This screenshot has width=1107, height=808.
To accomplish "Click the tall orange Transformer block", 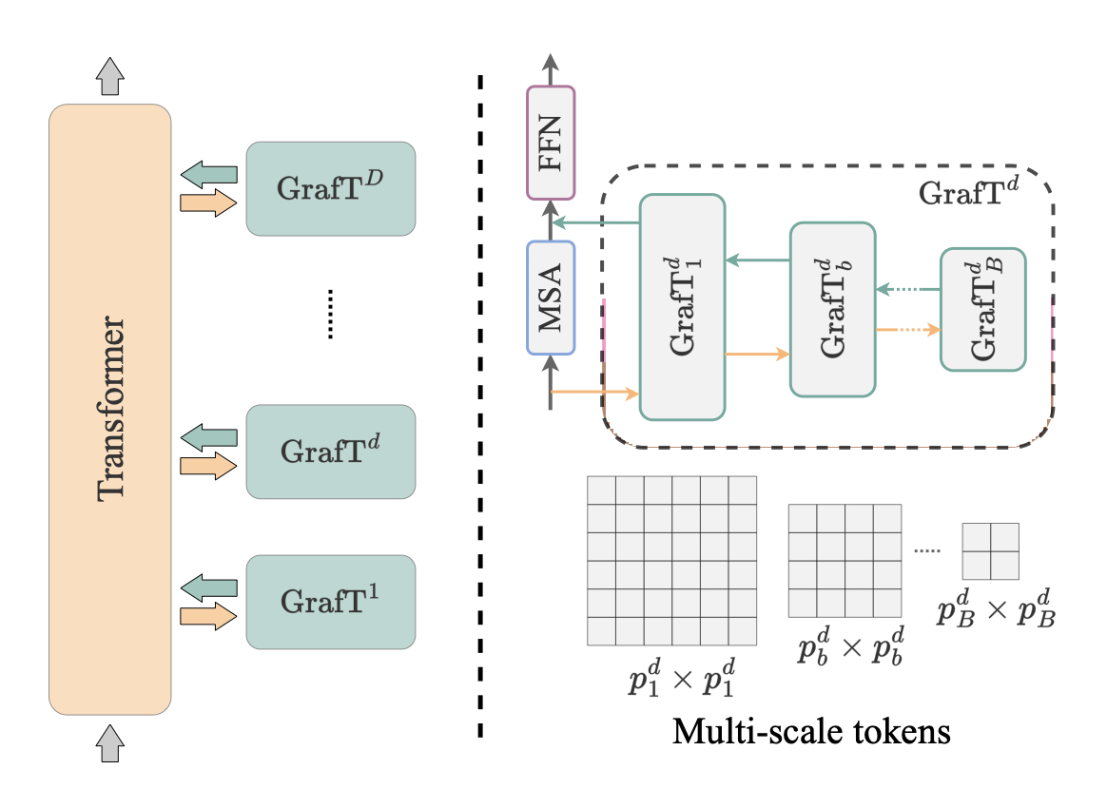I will [110, 409].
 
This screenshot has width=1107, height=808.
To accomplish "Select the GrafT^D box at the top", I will [330, 188].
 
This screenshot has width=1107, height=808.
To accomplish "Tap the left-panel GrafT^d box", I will [330, 452].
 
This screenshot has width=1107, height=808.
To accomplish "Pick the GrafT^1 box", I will [330, 602].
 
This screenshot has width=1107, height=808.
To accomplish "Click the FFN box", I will [551, 143].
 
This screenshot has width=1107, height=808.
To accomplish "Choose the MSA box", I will [551, 298].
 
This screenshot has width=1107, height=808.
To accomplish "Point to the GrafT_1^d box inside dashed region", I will [682, 306].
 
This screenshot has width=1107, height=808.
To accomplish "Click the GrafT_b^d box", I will [831, 309].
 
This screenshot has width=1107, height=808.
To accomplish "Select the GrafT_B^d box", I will [982, 309].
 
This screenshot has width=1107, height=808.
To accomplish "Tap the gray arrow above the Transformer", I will [111, 75].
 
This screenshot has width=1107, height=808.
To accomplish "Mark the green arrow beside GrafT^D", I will [208, 174].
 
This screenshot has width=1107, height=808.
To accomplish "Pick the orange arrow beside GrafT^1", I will [208, 615].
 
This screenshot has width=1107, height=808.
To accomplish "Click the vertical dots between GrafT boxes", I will [330, 315].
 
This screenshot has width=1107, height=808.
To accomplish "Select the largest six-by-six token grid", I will [672, 560].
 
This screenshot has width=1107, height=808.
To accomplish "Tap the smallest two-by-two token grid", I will [990, 551].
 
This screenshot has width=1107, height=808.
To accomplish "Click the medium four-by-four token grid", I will [845, 561].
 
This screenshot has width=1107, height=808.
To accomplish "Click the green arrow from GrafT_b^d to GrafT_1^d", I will [757, 260].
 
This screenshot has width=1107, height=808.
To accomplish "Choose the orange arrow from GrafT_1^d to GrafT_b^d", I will [757, 355].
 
